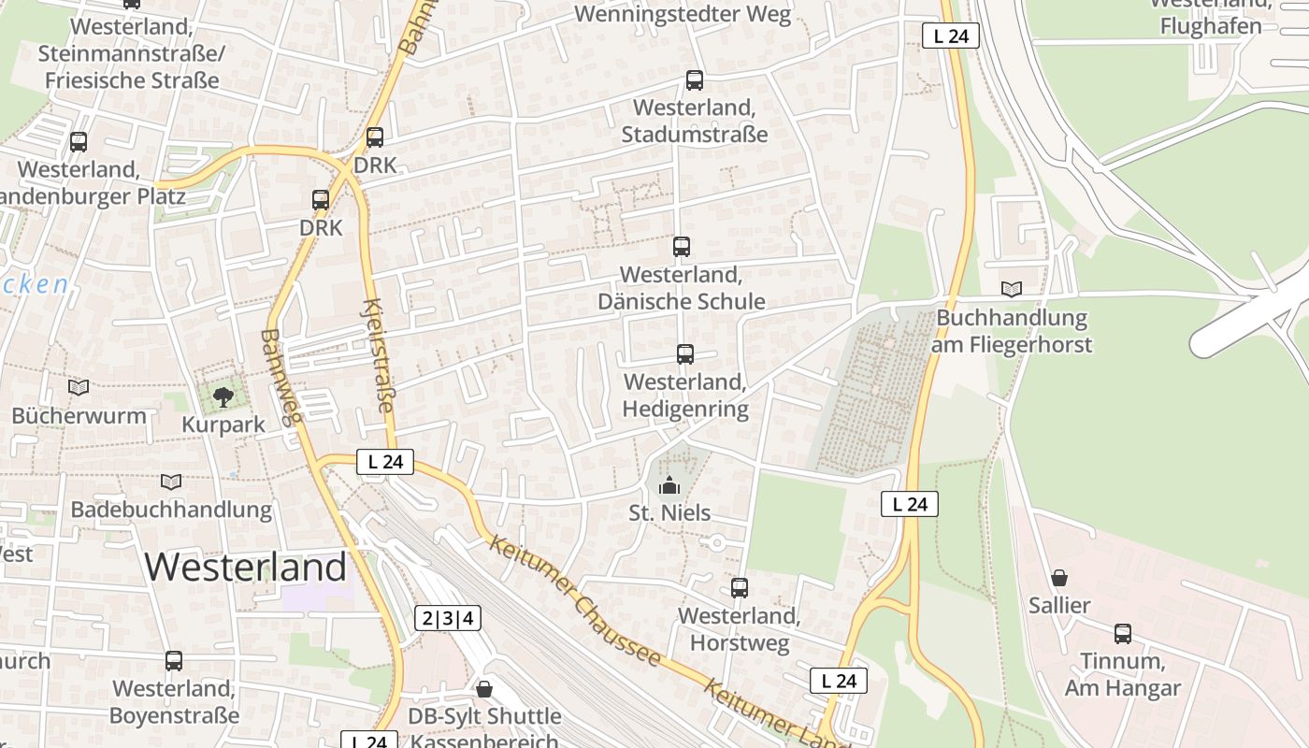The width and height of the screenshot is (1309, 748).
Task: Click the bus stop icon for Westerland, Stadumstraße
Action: (x=694, y=80)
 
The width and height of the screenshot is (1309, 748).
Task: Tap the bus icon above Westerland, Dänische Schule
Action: (x=682, y=247)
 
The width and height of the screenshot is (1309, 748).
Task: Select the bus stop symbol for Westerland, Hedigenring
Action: (x=685, y=354)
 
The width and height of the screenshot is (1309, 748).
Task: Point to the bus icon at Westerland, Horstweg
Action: (x=740, y=588)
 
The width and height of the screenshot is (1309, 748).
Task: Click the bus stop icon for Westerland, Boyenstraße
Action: (x=174, y=661)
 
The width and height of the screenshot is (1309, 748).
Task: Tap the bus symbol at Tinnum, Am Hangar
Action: (x=1123, y=634)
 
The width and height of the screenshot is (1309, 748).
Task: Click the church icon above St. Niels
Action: (x=669, y=485)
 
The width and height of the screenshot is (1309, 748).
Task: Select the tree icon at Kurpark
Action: (x=223, y=397)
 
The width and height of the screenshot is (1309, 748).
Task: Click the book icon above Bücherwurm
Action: (x=79, y=387)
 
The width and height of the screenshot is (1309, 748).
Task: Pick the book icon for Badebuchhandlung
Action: (x=170, y=482)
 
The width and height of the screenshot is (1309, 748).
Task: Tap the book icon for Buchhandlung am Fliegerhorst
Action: (x=1011, y=289)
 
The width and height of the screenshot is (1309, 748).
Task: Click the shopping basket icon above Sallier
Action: (x=1059, y=578)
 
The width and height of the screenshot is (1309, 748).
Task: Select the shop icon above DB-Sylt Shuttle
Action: (x=484, y=689)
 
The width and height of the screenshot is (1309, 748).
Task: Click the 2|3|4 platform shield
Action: (x=448, y=618)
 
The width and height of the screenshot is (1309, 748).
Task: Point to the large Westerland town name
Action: (x=246, y=568)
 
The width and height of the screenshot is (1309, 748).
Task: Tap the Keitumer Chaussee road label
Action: (x=574, y=600)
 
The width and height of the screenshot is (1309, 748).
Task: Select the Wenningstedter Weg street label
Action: (x=683, y=14)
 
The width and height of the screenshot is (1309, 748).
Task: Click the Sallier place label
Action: (x=1059, y=605)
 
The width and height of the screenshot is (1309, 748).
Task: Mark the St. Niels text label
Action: (x=669, y=512)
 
